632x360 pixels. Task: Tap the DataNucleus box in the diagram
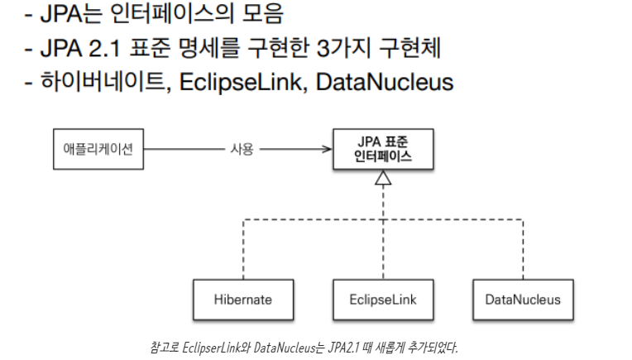pos(522,299)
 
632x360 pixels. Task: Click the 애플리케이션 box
pos(96,150)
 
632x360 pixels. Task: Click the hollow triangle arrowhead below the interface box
pos(382,179)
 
